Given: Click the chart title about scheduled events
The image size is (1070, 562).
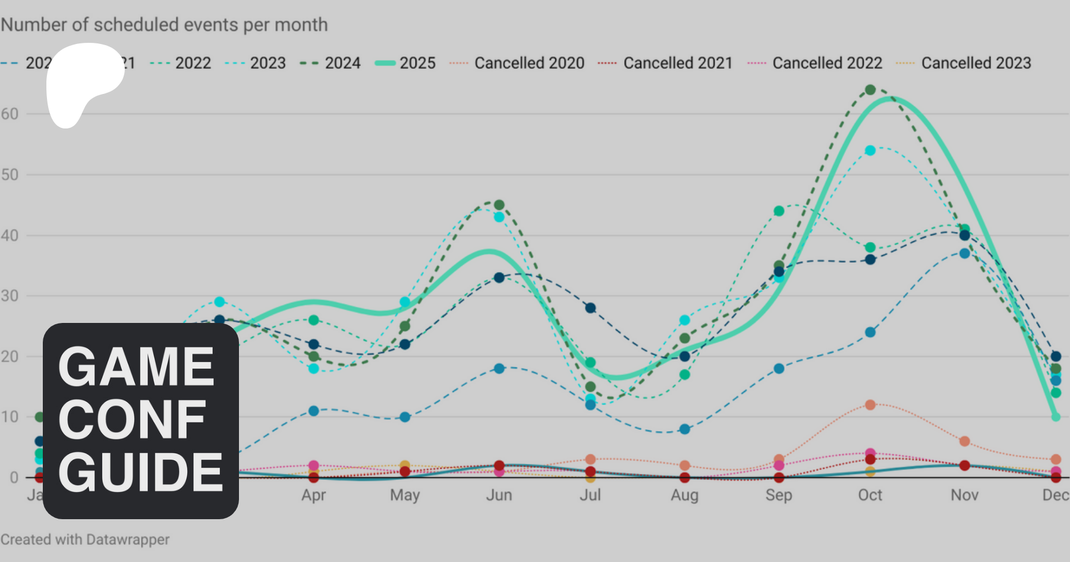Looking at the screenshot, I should (x=164, y=25).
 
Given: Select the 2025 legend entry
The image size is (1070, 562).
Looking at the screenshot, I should (x=405, y=63).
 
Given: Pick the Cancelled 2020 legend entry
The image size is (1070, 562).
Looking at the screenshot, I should (x=517, y=63).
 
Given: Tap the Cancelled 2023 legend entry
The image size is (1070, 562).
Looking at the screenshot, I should (x=964, y=63).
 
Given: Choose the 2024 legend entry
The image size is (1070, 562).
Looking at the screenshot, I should (x=331, y=63).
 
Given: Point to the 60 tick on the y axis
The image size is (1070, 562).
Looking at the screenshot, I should (x=10, y=114).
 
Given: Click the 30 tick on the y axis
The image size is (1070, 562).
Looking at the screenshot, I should (x=10, y=296).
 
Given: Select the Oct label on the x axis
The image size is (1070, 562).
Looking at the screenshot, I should (x=870, y=495).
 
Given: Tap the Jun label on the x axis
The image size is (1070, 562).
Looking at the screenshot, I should (x=499, y=495).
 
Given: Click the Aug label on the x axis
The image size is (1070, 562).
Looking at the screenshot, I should (x=684, y=495).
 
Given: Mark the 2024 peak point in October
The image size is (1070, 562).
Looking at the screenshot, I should (x=870, y=90).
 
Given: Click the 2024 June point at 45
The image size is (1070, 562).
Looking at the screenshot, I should (x=499, y=205).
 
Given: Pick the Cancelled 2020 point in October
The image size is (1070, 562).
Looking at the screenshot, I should (x=870, y=405).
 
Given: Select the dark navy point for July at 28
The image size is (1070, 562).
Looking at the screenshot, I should (x=590, y=308).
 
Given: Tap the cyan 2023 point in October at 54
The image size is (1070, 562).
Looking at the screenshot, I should (x=870, y=150).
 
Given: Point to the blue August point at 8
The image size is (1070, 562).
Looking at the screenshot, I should (x=685, y=429).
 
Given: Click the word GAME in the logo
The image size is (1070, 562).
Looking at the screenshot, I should (x=136, y=366).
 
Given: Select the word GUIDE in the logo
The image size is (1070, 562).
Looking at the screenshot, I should (x=140, y=472).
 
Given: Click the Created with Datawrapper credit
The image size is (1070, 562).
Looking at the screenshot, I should (x=85, y=539).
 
